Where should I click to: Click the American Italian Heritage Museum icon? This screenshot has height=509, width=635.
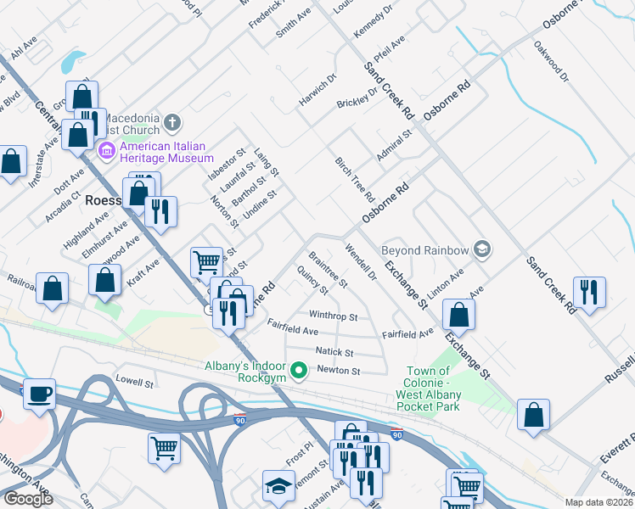(x=107, y=152)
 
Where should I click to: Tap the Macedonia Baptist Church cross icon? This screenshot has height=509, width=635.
(x=171, y=122)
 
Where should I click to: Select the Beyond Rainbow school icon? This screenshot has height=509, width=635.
(x=481, y=249)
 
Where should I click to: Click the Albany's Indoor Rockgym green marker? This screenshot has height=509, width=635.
(x=299, y=371)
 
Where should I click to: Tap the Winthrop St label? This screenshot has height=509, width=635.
(x=333, y=316)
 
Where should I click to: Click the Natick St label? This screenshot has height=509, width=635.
(x=334, y=351)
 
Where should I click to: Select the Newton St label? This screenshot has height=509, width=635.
(x=339, y=371)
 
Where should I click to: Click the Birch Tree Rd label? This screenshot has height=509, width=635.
(x=355, y=178)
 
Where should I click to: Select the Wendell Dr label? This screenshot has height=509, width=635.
(x=361, y=262)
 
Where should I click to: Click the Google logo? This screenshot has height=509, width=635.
(x=28, y=499)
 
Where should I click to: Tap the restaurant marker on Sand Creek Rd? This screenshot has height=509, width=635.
(x=587, y=292)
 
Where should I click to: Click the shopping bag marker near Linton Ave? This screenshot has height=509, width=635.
(x=458, y=315)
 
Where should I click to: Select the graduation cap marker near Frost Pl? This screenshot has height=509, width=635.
(x=278, y=485)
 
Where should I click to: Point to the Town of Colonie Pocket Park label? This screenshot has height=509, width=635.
(x=428, y=383)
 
